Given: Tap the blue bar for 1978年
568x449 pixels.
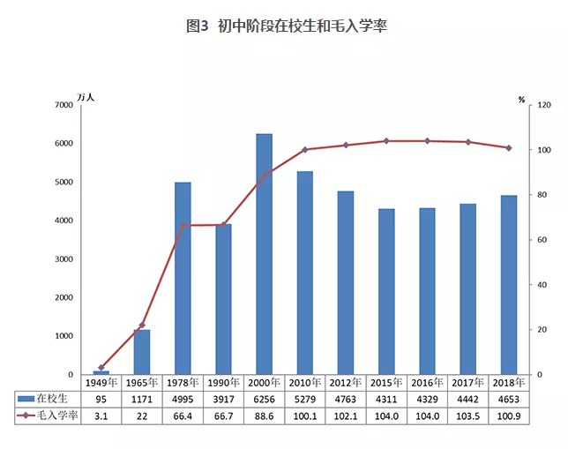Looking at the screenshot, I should [x=183, y=278].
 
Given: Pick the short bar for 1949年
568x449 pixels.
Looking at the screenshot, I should [x=101, y=372].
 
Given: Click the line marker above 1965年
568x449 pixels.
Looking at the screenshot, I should [x=142, y=326].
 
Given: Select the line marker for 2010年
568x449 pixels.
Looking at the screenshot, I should [x=305, y=150].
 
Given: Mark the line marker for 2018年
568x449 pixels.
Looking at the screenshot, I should [x=509, y=148].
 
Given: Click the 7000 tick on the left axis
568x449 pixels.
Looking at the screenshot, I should [x=63, y=105].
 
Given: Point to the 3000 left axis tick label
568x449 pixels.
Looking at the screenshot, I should [x=63, y=259].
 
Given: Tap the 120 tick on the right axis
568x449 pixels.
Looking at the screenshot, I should [x=545, y=105].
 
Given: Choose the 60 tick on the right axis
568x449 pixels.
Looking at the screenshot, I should [x=543, y=240].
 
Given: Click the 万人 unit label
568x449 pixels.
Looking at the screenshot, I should [x=85, y=95].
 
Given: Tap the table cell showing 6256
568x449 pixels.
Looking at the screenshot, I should [x=264, y=400].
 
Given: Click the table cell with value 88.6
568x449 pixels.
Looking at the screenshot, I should [x=264, y=415].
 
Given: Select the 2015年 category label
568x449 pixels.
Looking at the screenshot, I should [x=386, y=384].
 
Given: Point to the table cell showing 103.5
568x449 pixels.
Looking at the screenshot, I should [x=468, y=415].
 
